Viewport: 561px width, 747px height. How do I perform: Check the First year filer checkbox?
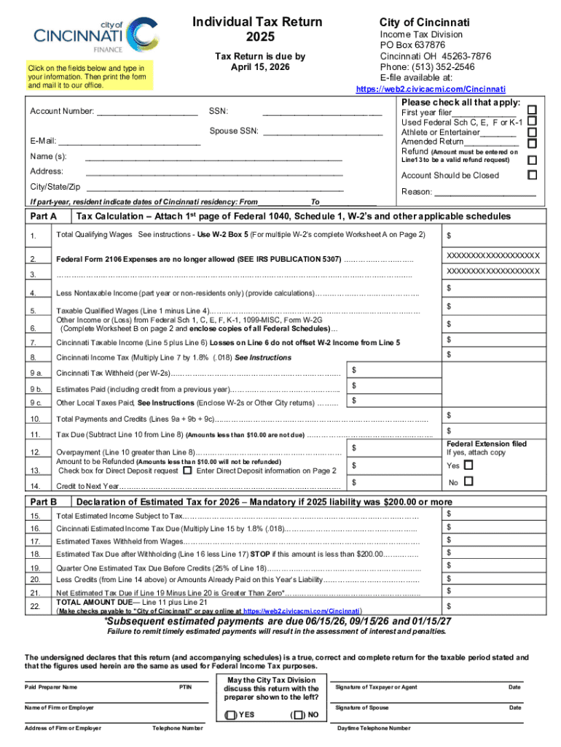(x=532, y=109)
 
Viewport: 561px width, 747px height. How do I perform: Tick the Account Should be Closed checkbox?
(x=532, y=175)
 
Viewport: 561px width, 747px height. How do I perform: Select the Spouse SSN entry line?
(x=322, y=132)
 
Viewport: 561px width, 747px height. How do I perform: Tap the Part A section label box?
(x=45, y=217)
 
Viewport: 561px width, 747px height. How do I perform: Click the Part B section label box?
(x=45, y=502)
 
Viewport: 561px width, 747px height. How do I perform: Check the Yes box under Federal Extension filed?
(x=468, y=465)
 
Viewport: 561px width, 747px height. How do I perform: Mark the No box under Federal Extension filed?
(x=468, y=481)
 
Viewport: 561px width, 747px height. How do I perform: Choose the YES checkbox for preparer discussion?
(x=231, y=715)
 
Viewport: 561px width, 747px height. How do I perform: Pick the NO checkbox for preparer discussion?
(x=299, y=715)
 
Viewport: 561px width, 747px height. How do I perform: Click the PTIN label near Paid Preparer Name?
(x=187, y=687)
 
